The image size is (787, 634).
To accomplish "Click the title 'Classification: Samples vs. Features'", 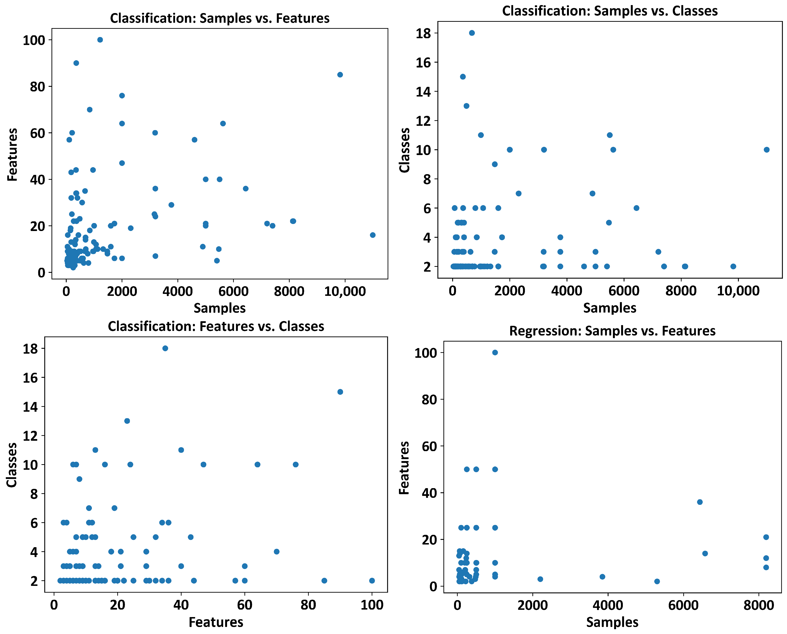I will click(x=220, y=18).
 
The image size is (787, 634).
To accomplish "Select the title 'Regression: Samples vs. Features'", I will click(x=612, y=331).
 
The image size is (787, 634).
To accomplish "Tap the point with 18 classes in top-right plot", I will click(x=472, y=33).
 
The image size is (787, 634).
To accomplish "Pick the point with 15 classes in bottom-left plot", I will click(x=340, y=392).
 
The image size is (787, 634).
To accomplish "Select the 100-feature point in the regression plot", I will click(x=495, y=352).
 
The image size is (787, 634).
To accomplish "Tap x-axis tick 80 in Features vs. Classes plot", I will click(x=308, y=605).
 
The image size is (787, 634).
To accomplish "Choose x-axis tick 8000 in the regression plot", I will click(x=758, y=605).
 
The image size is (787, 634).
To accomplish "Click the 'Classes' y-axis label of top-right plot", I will click(x=405, y=150).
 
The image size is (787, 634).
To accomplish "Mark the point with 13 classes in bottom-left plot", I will click(x=127, y=421).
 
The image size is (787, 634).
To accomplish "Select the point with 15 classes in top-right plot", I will click(x=463, y=77).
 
